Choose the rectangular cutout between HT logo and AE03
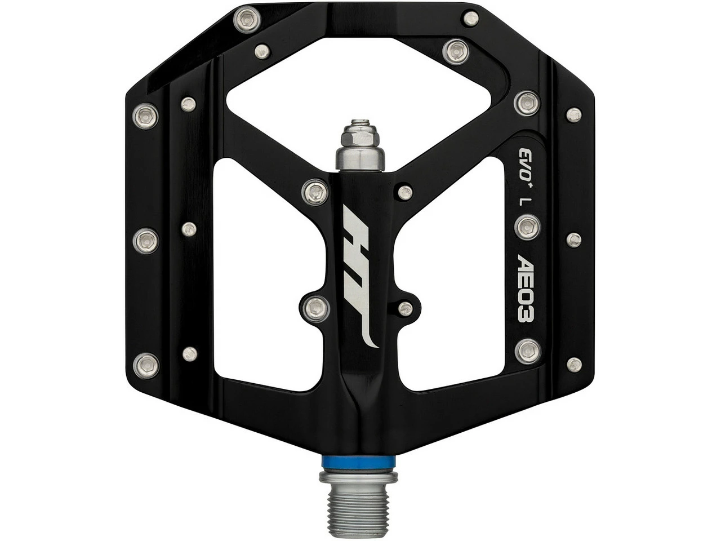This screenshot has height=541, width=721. click(x=451, y=270)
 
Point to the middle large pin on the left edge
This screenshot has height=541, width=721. click(x=146, y=240)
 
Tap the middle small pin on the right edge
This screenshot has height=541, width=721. click(x=574, y=240)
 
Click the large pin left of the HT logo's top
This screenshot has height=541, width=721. click(x=314, y=192)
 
